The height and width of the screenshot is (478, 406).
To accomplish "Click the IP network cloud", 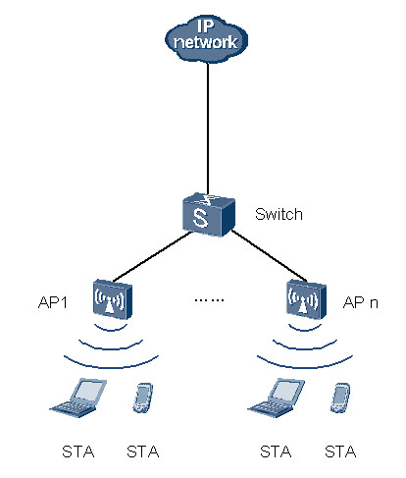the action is [206, 39].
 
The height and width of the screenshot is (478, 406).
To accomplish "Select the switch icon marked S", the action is [209, 215].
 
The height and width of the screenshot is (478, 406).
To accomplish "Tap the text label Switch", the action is [279, 214].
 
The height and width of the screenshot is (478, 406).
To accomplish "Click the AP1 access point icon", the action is [113, 299].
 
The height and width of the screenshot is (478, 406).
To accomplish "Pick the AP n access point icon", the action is [307, 299].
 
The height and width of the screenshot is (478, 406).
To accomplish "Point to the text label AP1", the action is [53, 302].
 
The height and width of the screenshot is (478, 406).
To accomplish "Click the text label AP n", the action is [361, 302].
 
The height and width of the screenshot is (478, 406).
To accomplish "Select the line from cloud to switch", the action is [208, 129].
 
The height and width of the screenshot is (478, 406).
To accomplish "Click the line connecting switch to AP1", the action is [152, 257].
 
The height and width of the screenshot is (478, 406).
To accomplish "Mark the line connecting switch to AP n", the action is [270, 256].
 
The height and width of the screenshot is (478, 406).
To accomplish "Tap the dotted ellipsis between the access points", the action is [209, 299].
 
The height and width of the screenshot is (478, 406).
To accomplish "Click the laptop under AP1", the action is [78, 398].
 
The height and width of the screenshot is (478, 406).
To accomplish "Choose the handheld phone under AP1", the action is [143, 398].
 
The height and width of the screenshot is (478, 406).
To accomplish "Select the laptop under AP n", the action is [277, 398].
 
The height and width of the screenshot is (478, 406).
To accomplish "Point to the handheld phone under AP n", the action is [340, 398].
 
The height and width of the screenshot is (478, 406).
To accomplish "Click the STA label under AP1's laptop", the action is [78, 451].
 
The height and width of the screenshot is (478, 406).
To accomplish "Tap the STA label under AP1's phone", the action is [143, 451].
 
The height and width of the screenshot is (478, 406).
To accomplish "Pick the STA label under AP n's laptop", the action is [276, 451].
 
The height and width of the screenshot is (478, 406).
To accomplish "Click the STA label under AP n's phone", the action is [340, 451].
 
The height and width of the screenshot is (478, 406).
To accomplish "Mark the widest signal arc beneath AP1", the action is [111, 367].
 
